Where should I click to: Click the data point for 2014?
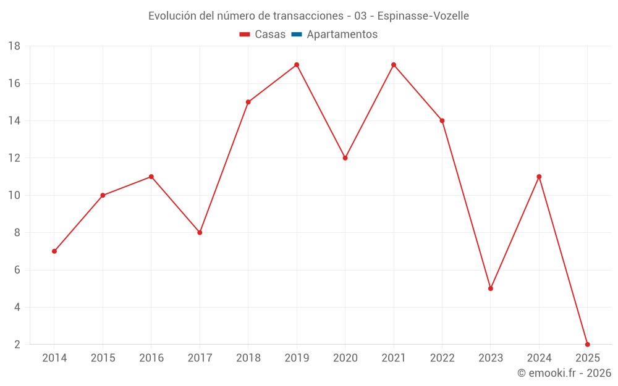pyautogui.click(x=54, y=251)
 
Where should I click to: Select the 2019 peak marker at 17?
pyautogui.click(x=297, y=65)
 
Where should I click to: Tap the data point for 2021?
pyautogui.click(x=394, y=65)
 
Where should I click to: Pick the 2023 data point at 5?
pyautogui.click(x=491, y=288)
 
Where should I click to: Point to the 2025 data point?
pyautogui.click(x=588, y=344)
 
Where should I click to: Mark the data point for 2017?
pyautogui.click(x=200, y=233)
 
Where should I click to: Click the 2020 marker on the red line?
pyautogui.click(x=345, y=158)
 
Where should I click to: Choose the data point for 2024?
pyautogui.click(x=539, y=177)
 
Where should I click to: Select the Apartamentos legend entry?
pyautogui.click(x=342, y=35)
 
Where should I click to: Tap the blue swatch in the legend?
pyautogui.click(x=297, y=35)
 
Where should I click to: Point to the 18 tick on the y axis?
pyautogui.click(x=14, y=46)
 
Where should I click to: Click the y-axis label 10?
pyautogui.click(x=14, y=196)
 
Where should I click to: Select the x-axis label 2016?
pyautogui.click(x=151, y=358)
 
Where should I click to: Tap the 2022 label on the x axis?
pyautogui.click(x=442, y=358)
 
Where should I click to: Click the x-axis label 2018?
pyautogui.click(x=248, y=358)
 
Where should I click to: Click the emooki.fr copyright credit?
pyautogui.click(x=564, y=373)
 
